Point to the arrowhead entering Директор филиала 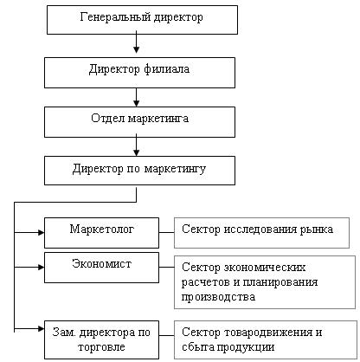(x=137, y=49)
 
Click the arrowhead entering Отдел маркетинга (x=137, y=103)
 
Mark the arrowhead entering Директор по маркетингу (x=137, y=152)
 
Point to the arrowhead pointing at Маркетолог (x=41, y=232)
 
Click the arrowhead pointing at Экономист (x=41, y=268)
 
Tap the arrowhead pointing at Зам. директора (x=41, y=328)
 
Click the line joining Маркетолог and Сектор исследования (x=166, y=232)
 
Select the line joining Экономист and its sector (x=166, y=267)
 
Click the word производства (x=218, y=297)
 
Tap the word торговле (x=101, y=346)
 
